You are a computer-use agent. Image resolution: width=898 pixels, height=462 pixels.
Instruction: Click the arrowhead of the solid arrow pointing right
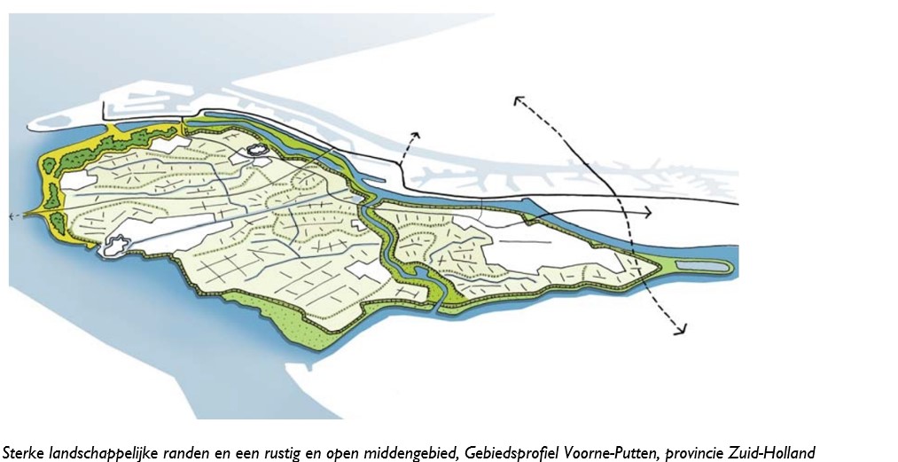650,214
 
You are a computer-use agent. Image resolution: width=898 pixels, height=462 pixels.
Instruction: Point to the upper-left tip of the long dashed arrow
514,97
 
